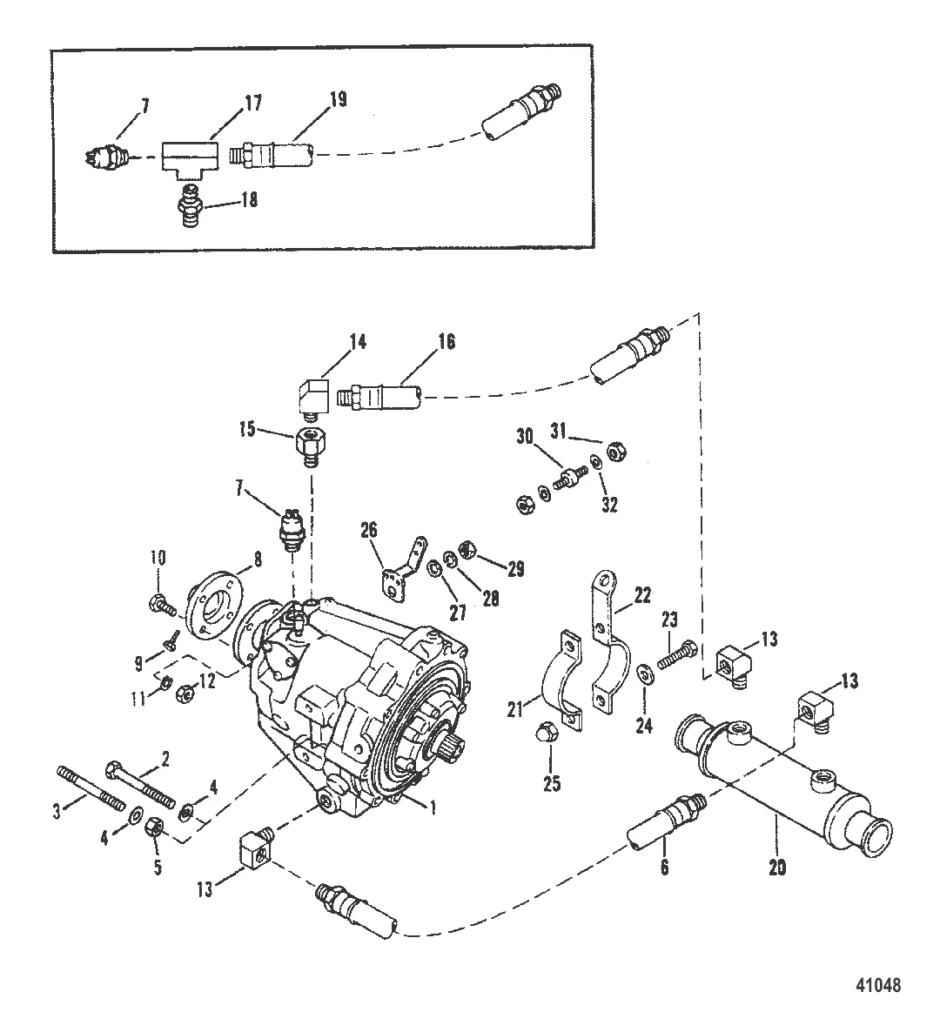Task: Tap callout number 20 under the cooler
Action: tap(777, 867)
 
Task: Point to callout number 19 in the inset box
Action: tap(338, 100)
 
